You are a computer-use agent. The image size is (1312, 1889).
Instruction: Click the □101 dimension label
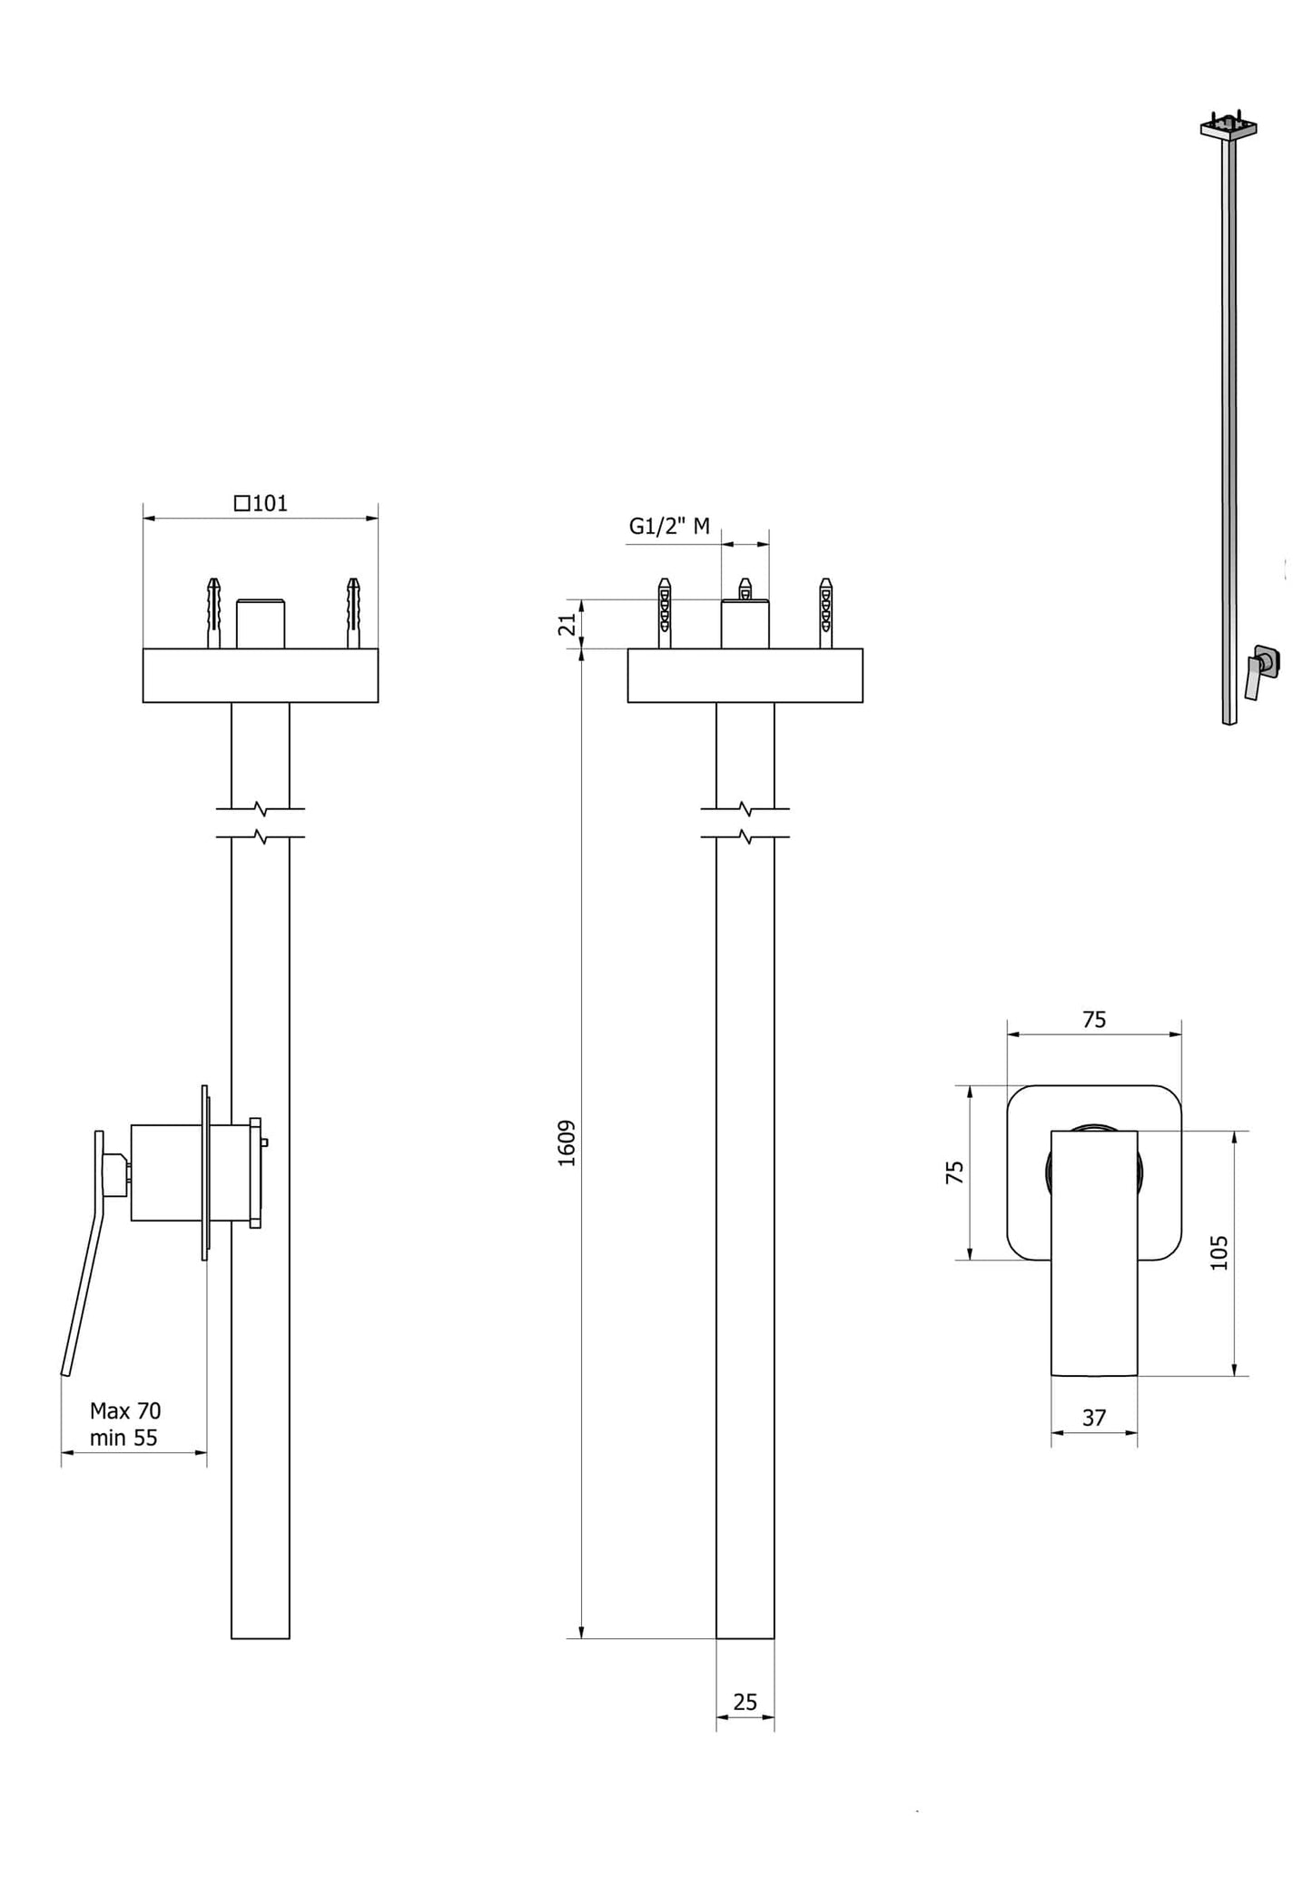[x=261, y=503]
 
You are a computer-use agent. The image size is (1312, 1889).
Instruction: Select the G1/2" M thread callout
[x=669, y=526]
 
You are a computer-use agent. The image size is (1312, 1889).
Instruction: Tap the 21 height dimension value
[x=567, y=625]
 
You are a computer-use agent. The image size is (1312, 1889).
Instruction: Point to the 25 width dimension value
[x=745, y=1702]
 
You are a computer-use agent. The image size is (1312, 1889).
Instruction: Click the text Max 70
[x=125, y=1410]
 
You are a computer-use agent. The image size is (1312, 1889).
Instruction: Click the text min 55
[x=123, y=1438]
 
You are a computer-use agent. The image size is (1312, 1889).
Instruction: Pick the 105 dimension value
[x=1219, y=1252]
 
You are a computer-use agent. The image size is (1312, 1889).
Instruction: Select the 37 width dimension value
[x=1094, y=1418]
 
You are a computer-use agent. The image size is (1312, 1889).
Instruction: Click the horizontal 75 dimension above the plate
[x=1094, y=1020]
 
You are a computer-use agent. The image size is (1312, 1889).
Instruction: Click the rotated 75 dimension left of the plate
[x=955, y=1172]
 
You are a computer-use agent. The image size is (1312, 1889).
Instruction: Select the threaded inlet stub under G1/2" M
[x=745, y=625]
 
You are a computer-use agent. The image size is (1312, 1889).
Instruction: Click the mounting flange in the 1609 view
[x=745, y=676]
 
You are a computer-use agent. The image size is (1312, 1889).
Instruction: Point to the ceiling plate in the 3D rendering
[x=1228, y=129]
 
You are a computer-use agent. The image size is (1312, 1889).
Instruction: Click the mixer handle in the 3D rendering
[x=1254, y=678]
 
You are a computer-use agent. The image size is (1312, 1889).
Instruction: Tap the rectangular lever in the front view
[x=1094, y=1271]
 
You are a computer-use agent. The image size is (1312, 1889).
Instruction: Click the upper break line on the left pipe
[x=261, y=807]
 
